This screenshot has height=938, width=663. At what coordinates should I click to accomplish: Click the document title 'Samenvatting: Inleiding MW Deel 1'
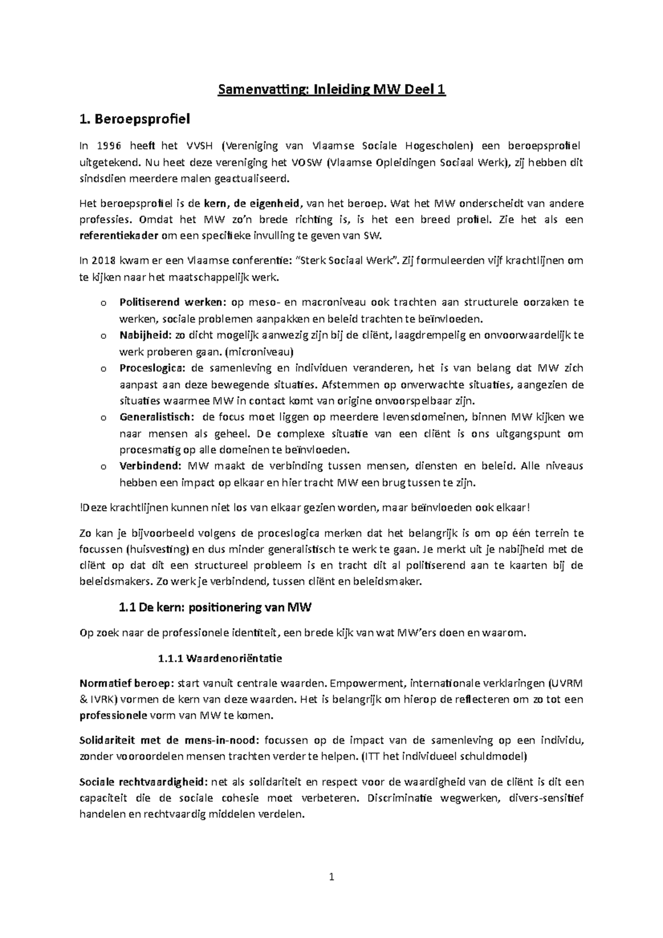point(331,90)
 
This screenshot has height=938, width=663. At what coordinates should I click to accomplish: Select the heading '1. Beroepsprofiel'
point(134,118)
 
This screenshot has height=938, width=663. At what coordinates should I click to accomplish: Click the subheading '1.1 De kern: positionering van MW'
point(215,608)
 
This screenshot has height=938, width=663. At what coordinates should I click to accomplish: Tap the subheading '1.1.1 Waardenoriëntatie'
point(220,658)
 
